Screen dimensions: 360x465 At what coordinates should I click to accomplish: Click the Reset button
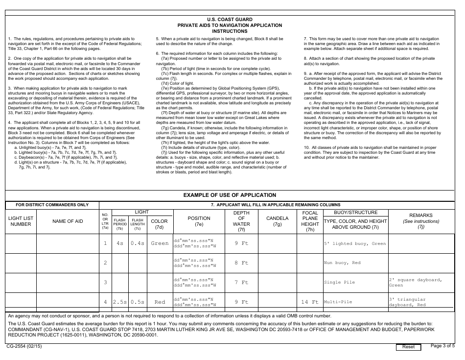pos(408,347)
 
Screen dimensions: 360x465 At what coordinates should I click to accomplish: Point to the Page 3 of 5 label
pos(442,346)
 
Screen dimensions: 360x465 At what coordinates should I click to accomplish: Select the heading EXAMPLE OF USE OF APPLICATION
pos(230,195)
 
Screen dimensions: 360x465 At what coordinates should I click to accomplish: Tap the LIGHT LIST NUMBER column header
pos(21,221)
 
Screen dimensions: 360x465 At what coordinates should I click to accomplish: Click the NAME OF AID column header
pos(68,221)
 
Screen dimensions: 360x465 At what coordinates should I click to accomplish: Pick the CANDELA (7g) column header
pos(277,221)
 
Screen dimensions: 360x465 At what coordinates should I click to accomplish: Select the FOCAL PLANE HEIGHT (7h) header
pos(310,221)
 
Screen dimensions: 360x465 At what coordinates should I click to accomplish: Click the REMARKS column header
pos(421,221)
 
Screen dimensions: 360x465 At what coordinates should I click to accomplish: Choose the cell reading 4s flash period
pos(120,243)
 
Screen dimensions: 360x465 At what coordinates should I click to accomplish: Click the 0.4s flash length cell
pos(138,243)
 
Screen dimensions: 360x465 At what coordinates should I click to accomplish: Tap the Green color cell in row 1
pos(160,243)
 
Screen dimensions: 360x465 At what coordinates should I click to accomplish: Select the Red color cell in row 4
pos(160,302)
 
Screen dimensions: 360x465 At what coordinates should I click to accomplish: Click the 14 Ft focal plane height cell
pos(310,302)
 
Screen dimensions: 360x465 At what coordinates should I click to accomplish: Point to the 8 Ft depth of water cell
pos(241,263)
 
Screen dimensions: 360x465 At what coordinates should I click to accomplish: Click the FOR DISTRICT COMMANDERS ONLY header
pos(52,205)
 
